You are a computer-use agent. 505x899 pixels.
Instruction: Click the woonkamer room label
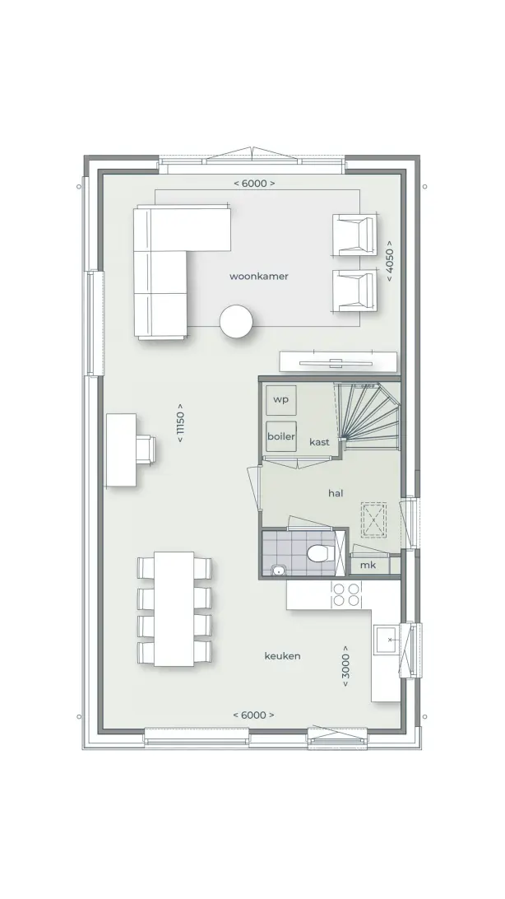(x=259, y=277)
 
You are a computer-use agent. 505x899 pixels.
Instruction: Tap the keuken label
(x=282, y=656)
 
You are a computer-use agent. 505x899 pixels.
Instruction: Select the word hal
(x=336, y=493)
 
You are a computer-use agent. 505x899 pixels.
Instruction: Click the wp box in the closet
(x=281, y=399)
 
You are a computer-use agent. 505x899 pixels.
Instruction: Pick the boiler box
(x=281, y=436)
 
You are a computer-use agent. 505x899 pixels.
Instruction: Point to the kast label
(x=319, y=442)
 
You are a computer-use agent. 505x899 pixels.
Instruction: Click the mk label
(x=368, y=566)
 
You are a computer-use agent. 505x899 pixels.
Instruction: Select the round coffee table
(x=236, y=321)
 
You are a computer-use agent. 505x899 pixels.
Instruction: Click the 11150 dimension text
(x=180, y=423)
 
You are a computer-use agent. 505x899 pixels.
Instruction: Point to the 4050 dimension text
(x=389, y=263)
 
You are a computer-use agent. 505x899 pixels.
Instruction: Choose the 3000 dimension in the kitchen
(x=345, y=666)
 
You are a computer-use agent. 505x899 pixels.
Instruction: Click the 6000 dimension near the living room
(x=254, y=184)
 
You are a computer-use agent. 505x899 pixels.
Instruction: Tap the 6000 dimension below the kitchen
(x=253, y=715)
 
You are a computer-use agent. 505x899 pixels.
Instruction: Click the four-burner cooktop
(x=346, y=594)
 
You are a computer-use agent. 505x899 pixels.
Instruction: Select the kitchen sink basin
(x=387, y=640)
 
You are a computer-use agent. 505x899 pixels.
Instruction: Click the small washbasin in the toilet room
(x=279, y=570)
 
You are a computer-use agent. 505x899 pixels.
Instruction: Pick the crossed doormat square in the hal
(x=374, y=519)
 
